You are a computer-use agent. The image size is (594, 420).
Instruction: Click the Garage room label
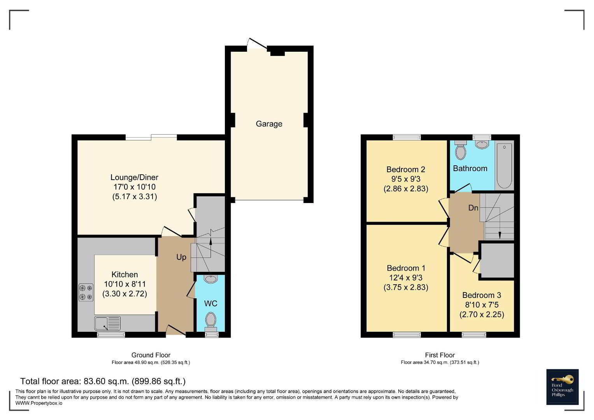pyautogui.click(x=269, y=124)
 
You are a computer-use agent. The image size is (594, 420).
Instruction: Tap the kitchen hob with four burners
pyautogui.click(x=86, y=292)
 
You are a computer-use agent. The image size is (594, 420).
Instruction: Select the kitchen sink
pyautogui.click(x=107, y=323)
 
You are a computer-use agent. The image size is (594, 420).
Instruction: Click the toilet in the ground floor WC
pyautogui.click(x=211, y=322)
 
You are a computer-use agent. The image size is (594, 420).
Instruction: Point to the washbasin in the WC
pyautogui.click(x=211, y=279)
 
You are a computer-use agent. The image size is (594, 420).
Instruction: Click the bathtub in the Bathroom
pyautogui.click(x=504, y=166)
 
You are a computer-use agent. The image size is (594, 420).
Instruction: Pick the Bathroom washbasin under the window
pyautogui.click(x=482, y=145)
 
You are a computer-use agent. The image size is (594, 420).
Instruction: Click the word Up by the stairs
pyautogui.click(x=181, y=257)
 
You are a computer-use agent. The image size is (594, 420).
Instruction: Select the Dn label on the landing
pyautogui.click(x=473, y=208)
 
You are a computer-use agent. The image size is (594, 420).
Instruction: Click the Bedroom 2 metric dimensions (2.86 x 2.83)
pyautogui.click(x=406, y=189)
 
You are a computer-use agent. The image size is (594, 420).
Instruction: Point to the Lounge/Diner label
pyautogui.click(x=134, y=177)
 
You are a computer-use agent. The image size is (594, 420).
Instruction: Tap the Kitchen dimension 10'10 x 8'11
pyautogui.click(x=124, y=284)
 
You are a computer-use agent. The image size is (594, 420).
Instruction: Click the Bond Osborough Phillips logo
pyautogui.click(x=562, y=387)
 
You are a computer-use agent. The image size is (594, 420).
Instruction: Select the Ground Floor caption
pyautogui.click(x=151, y=355)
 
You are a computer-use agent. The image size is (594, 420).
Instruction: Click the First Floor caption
pyautogui.click(x=440, y=355)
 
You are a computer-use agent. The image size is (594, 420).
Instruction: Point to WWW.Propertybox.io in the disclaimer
pyautogui.click(x=39, y=403)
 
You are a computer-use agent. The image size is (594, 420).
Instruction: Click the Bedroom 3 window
pyautogui.click(x=474, y=334)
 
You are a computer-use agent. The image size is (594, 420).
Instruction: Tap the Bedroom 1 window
pyautogui.click(x=407, y=334)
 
